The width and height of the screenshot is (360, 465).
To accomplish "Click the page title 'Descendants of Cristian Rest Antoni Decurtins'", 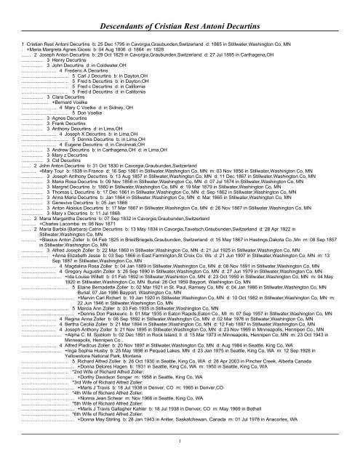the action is [x=180, y=11].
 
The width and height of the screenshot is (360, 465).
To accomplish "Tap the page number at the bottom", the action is [x=179, y=458].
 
